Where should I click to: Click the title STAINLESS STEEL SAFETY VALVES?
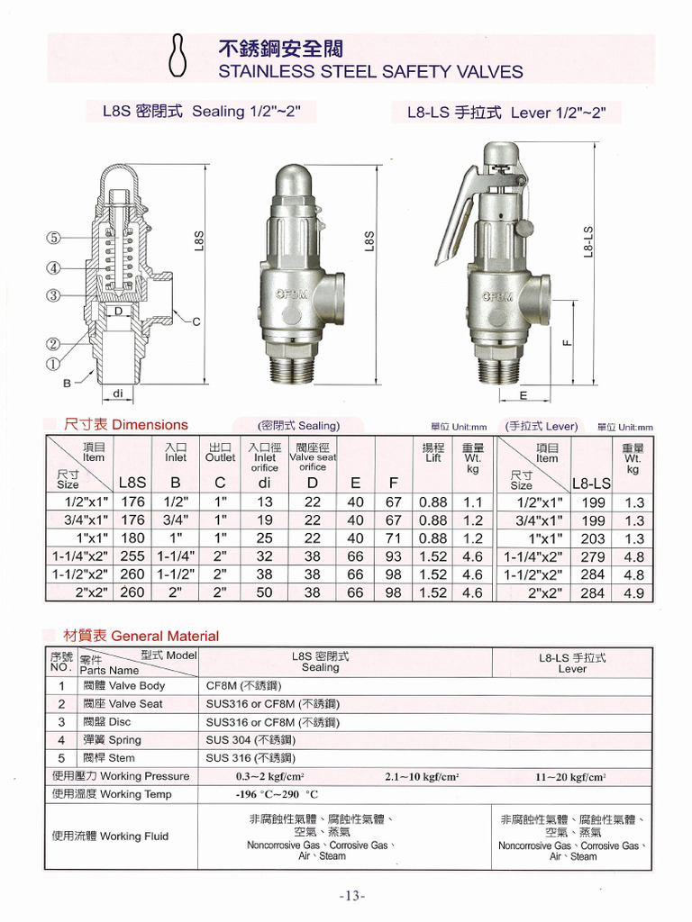(x=370, y=71)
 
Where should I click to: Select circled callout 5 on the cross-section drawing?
(x=54, y=239)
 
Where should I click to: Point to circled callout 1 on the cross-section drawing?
(x=54, y=365)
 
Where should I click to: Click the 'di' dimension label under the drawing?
(x=118, y=393)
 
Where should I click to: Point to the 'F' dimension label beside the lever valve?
(x=566, y=342)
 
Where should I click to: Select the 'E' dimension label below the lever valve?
(x=524, y=395)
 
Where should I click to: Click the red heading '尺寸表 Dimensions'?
(x=126, y=425)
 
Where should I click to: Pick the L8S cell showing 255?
(x=132, y=556)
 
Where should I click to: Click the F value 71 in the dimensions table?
(x=394, y=538)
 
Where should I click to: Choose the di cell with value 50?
(x=264, y=592)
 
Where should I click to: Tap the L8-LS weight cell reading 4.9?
(x=633, y=593)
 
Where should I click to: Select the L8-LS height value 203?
(x=593, y=539)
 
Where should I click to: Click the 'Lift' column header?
(x=433, y=453)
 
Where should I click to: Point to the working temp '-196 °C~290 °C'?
(x=278, y=795)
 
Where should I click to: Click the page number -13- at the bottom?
(x=352, y=896)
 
